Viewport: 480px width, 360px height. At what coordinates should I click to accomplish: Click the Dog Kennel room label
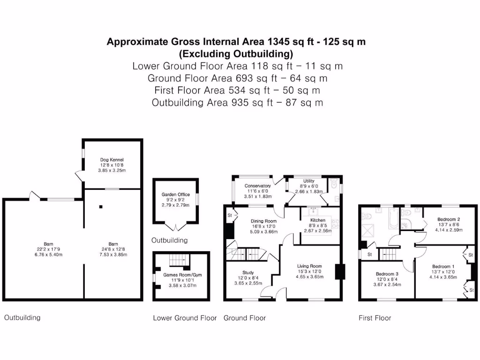click(112, 160)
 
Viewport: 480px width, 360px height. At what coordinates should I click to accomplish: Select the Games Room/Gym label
click(182, 275)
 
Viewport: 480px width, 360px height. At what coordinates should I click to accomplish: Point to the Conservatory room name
click(257, 186)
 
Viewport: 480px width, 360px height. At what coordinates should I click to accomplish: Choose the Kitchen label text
click(318, 220)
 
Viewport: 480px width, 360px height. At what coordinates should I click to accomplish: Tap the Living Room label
click(309, 266)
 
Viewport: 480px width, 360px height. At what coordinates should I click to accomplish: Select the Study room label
click(248, 272)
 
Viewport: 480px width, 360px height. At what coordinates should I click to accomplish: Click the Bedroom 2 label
click(449, 219)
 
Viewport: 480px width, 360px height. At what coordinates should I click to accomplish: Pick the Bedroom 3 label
click(387, 274)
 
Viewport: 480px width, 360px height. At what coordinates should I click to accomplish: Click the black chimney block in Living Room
click(340, 272)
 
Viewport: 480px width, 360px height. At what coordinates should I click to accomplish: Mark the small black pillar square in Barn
click(101, 206)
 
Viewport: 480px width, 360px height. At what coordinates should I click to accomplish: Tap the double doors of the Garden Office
click(176, 227)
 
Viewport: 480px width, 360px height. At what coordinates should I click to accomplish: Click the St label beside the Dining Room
click(230, 215)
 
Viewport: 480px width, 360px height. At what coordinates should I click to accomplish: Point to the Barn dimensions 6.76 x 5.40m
click(48, 255)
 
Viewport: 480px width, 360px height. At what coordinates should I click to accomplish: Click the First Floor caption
click(375, 318)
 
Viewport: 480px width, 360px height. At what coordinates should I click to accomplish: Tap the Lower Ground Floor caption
click(185, 318)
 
